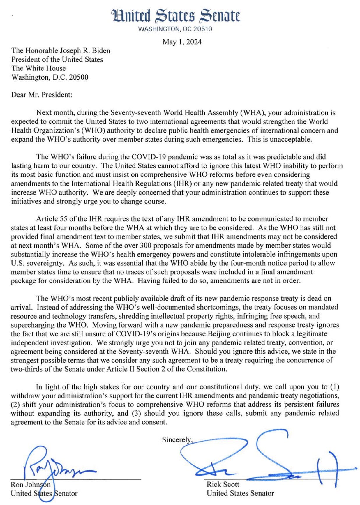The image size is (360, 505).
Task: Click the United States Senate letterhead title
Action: click(x=176, y=16)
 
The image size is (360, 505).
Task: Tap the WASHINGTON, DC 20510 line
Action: click(x=175, y=29)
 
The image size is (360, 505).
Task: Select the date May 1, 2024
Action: click(x=182, y=42)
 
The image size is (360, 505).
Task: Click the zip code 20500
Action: click(x=79, y=77)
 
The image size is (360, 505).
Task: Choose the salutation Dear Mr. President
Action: click(x=42, y=95)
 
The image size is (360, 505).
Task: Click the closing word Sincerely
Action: click(x=177, y=439)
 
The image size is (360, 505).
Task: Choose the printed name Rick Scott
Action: click(x=223, y=484)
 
